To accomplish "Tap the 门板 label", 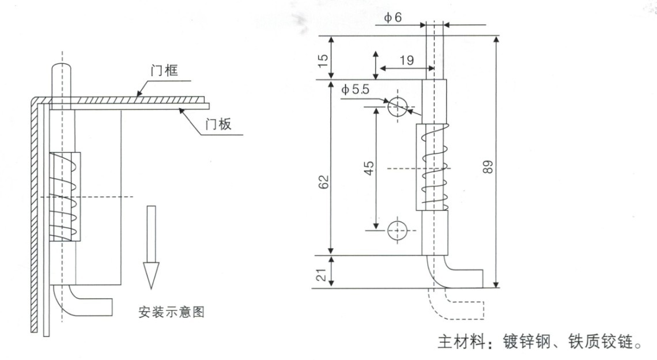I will (x=218, y=124).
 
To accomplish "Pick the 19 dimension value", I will (x=406, y=59).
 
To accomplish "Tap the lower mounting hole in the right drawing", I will (x=397, y=230).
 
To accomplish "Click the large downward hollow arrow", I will (x=151, y=248).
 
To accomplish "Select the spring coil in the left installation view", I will (x=65, y=196).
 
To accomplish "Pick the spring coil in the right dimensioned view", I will (x=431, y=167).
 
